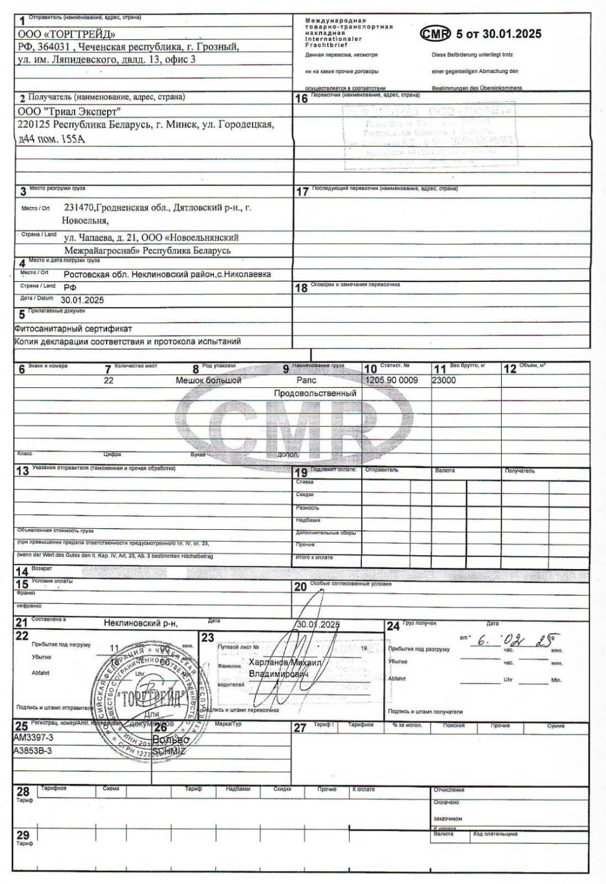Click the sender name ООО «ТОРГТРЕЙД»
pos(67,35)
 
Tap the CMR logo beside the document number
pos(435,34)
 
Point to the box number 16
pos(301,99)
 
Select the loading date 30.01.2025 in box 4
pos(82,300)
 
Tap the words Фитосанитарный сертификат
pos(73,329)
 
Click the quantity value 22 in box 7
pos(108,381)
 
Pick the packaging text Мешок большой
pos(208,381)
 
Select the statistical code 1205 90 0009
pos(392,381)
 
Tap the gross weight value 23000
pos(444,381)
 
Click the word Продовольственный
pos(315,393)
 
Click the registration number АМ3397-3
pos(33,738)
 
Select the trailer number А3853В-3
pos(33,750)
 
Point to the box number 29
pos(22,835)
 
